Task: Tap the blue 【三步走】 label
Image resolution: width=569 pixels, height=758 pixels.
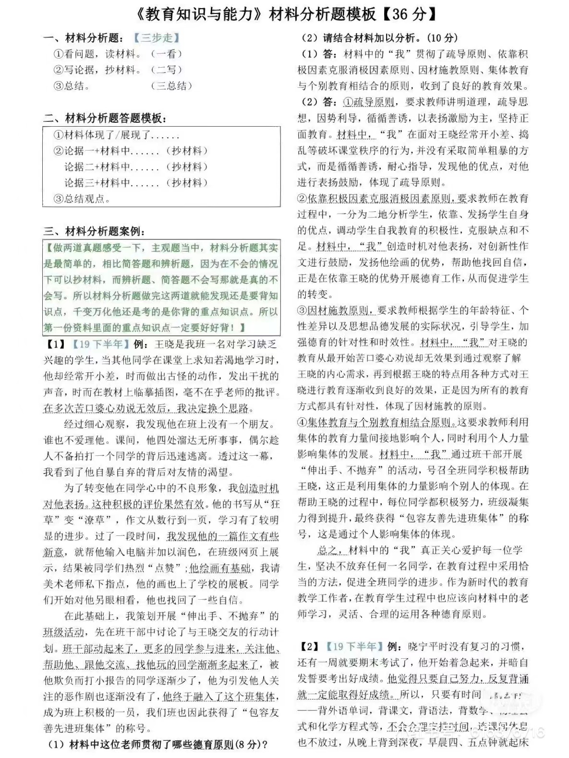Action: click(x=157, y=37)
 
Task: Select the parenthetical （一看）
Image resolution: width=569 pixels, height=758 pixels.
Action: click(x=166, y=54)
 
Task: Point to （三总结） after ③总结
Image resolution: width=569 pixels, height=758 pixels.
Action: click(x=171, y=86)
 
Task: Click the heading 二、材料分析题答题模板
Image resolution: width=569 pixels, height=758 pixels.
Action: click(x=106, y=118)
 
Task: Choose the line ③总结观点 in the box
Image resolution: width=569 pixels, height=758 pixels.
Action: click(x=82, y=199)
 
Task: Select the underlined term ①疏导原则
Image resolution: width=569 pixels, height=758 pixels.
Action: click(x=369, y=102)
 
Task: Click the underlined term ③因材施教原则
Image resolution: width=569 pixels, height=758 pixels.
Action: click(x=333, y=310)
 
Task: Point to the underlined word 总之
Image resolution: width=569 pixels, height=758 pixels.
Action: click(x=328, y=550)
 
